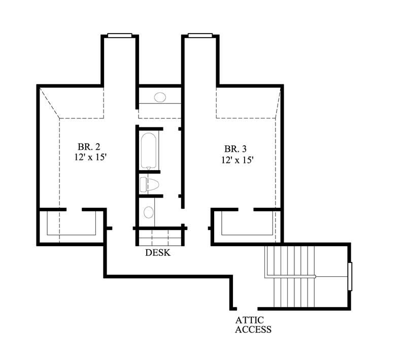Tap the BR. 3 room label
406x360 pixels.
click(235, 149)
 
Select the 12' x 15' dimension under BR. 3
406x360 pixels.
click(238, 159)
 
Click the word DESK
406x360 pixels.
click(158, 252)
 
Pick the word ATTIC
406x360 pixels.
click(248, 320)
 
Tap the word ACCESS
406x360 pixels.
click(253, 329)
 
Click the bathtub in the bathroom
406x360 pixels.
click(149, 150)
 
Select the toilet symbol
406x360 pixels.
click(151, 184)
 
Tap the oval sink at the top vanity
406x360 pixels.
click(160, 97)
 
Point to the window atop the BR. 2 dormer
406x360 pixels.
click(120, 35)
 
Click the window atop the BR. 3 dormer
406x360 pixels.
click(200, 35)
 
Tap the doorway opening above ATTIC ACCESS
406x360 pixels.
click(248, 308)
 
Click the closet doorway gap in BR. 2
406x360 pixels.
click(74, 209)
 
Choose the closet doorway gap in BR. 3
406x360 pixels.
click(246, 209)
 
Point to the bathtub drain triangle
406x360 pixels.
click(149, 168)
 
